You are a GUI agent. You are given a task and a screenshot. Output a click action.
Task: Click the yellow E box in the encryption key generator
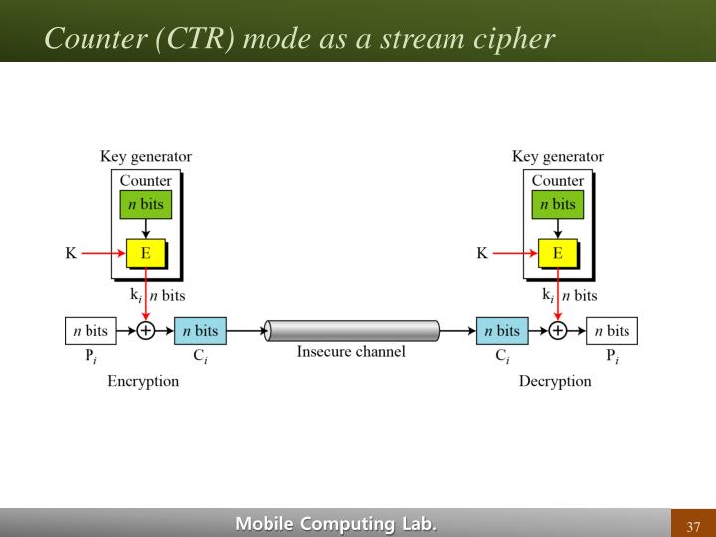coord(145,253)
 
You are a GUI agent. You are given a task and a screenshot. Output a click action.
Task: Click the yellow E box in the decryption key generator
coord(557,253)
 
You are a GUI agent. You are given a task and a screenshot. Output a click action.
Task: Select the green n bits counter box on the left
coord(145,204)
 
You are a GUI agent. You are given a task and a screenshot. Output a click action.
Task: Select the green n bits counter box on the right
coord(557,204)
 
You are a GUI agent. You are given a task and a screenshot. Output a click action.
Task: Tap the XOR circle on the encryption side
coord(146,331)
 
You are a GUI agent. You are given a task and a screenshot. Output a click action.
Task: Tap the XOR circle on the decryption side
coord(558,331)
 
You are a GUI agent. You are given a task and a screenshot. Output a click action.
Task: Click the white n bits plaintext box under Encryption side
coord(89,331)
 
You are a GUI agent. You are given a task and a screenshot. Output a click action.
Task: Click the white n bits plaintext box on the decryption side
coord(612,331)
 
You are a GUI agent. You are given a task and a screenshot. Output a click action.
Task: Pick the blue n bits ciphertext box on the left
coord(201,331)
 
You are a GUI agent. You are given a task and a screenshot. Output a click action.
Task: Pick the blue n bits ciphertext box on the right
coord(502,331)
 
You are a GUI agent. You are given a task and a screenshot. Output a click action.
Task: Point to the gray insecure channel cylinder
coord(352,331)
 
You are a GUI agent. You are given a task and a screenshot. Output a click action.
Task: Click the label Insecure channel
coord(351,352)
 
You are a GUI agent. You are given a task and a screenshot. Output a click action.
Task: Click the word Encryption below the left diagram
coord(143,381)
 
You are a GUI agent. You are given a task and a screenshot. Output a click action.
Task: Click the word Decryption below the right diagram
coord(554,381)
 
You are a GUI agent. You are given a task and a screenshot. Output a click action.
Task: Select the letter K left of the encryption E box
coord(71,253)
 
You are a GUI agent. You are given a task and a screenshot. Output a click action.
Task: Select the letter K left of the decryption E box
coord(482,253)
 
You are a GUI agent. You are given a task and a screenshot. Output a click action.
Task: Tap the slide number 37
coord(693,526)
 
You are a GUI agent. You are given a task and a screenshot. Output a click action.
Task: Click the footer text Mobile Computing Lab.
coord(335,524)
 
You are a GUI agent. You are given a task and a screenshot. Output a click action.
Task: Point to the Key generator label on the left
coord(146,156)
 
